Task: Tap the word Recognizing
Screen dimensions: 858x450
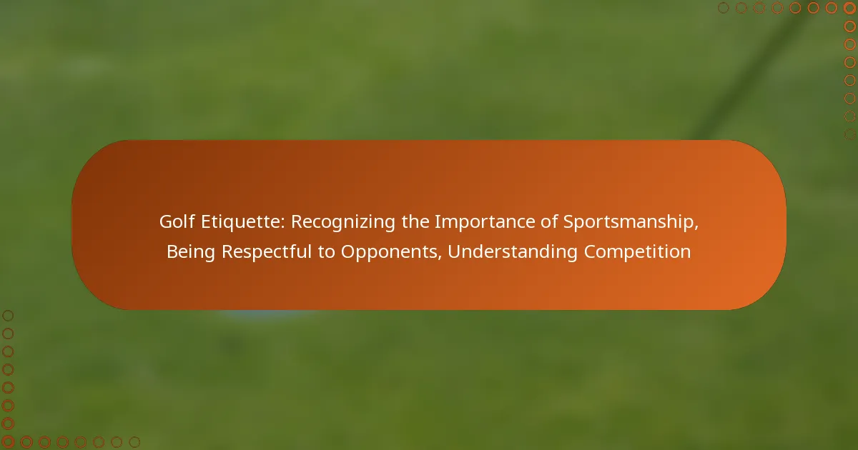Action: point(342,223)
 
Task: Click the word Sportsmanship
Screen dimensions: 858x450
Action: point(631,223)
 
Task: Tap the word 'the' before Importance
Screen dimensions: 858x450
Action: point(415,221)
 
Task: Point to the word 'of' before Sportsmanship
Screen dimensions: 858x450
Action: point(549,221)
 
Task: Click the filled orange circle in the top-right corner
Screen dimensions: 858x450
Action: point(849,8)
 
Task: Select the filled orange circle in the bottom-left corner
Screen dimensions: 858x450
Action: point(8,442)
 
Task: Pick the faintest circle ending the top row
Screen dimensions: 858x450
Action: point(723,8)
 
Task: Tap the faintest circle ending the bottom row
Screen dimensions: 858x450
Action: point(134,442)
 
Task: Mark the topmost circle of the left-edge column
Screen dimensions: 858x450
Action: point(8,316)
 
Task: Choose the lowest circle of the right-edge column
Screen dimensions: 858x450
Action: point(849,134)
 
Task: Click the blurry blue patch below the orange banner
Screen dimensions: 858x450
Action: point(268,314)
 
